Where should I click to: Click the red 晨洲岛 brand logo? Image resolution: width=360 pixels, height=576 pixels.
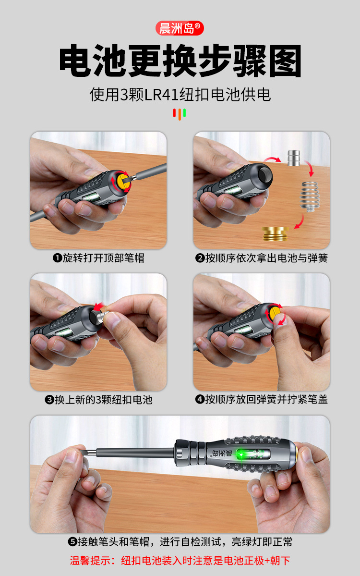(x=180, y=28)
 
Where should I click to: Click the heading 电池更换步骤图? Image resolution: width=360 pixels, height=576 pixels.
(x=180, y=61)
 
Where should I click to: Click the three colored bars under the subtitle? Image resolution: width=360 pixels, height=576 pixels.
(x=180, y=114)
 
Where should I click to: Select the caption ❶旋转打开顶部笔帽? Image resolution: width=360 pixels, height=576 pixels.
(x=98, y=258)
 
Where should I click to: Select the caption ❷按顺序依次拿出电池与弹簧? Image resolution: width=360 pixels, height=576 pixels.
(x=262, y=258)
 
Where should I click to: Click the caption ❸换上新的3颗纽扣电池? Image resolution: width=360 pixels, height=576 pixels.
(x=98, y=399)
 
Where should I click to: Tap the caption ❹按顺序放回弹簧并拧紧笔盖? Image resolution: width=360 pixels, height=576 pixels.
(x=262, y=399)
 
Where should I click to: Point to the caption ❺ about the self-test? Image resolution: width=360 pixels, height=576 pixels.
(x=180, y=542)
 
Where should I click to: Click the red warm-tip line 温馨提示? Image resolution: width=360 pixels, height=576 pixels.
(x=180, y=560)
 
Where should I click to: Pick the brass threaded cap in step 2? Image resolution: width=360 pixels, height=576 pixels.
(x=276, y=234)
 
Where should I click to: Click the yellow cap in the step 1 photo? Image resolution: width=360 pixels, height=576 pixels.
(x=123, y=181)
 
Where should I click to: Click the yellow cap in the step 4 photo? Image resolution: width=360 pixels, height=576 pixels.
(x=276, y=315)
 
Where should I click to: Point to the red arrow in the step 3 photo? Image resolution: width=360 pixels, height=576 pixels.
(x=99, y=306)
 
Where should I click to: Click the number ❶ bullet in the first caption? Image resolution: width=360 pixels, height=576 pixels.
(x=57, y=258)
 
